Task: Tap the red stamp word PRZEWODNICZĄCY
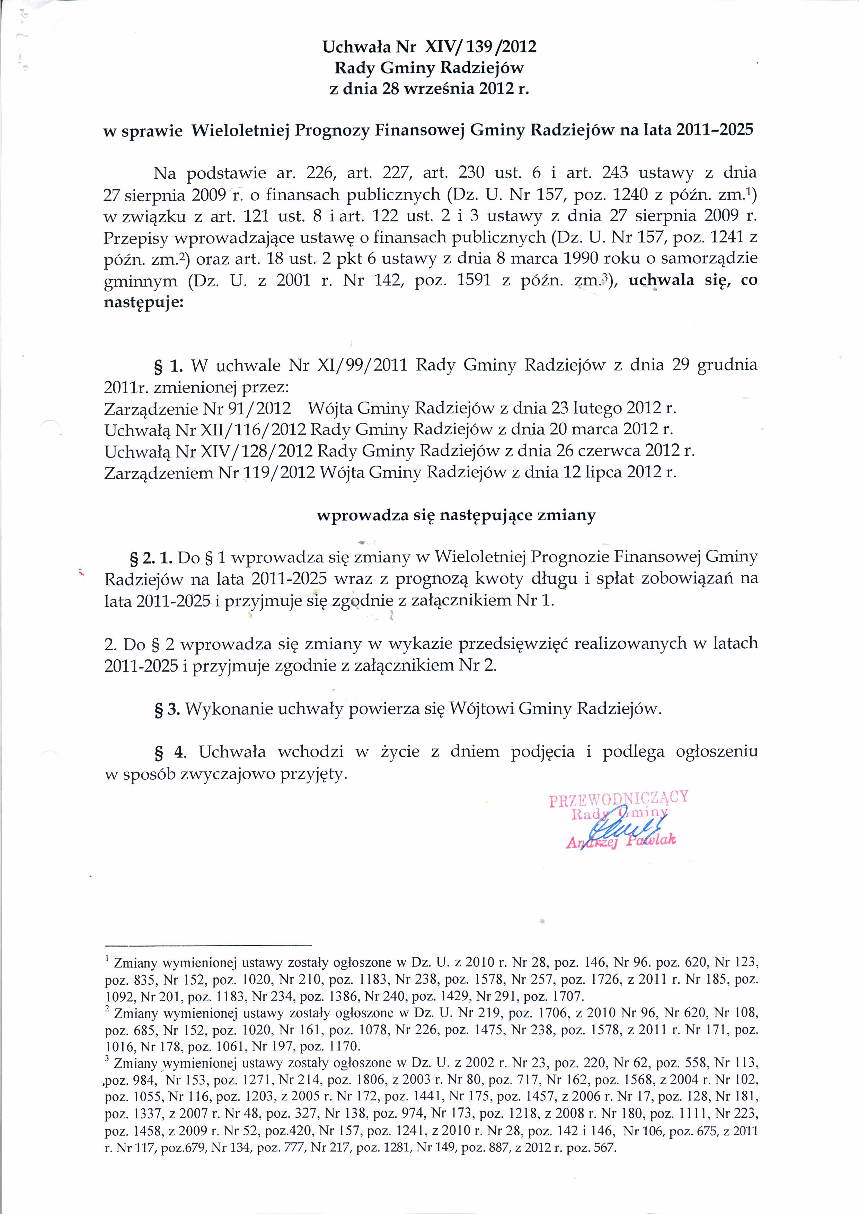click(618, 799)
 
